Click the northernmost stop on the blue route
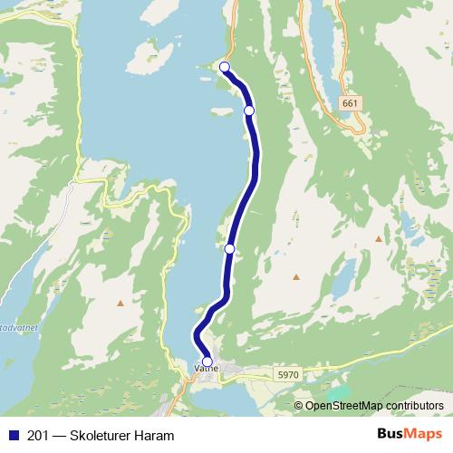coord(225,66)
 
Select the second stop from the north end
coord(249,110)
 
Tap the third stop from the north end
coord(230,248)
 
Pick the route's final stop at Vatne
coord(207,361)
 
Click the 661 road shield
coord(350,104)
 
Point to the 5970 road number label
coord(287,372)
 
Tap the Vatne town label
coord(206,370)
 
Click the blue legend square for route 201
coord(12,436)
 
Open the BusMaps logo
coord(409,435)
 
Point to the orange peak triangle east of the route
coord(379,238)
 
